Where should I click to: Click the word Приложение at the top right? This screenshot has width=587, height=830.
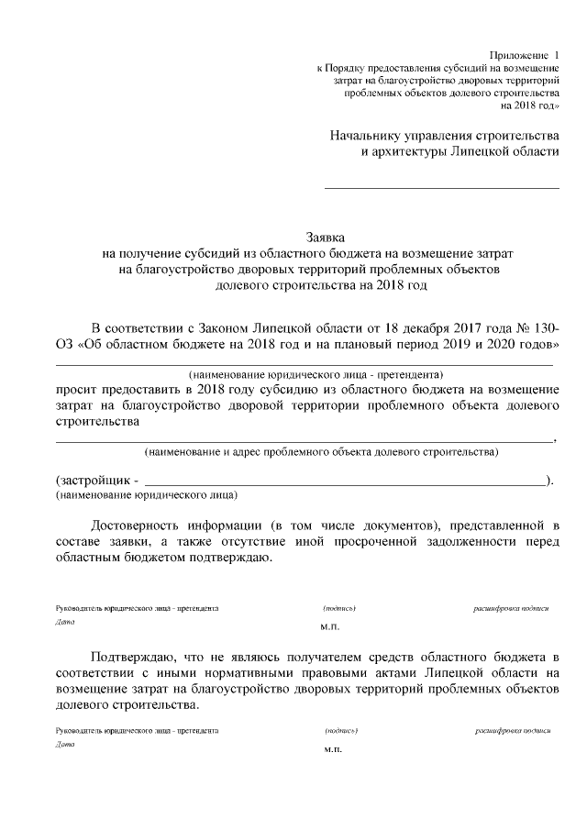pos(518,56)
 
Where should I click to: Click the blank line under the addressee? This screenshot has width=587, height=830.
pos(442,188)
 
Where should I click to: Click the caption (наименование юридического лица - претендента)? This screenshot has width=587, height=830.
pos(316,374)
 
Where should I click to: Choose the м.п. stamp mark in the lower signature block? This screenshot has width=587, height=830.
pos(332,749)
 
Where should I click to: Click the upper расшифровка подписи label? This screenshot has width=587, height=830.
pos(511,608)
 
